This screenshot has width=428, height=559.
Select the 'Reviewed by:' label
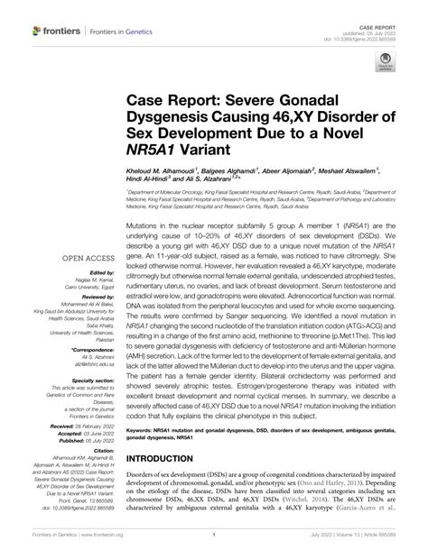(x=86, y=297)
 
